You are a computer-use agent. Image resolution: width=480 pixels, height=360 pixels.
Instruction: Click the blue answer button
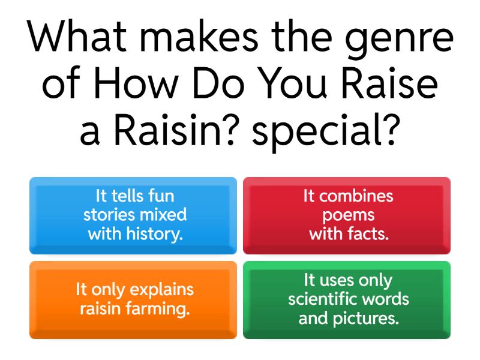pyautogui.click(x=133, y=215)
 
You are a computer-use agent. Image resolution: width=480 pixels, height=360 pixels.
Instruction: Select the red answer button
pyautogui.click(x=347, y=215)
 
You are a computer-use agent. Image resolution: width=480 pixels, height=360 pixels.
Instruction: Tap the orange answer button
pyautogui.click(x=133, y=299)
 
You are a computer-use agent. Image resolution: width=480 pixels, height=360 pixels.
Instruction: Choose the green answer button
pyautogui.click(x=347, y=299)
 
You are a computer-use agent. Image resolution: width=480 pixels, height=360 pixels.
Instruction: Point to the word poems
pyautogui.click(x=348, y=215)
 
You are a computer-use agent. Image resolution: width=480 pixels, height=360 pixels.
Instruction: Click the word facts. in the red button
pyautogui.click(x=368, y=234)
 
